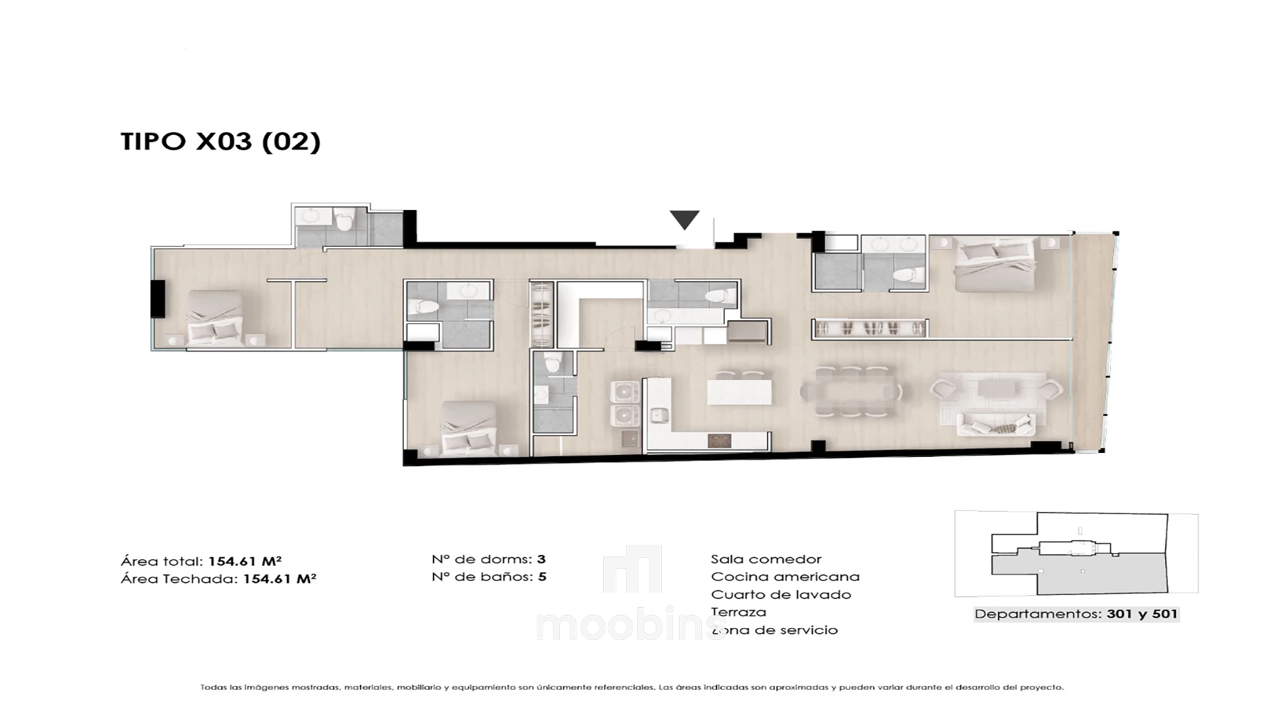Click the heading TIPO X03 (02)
(220, 142)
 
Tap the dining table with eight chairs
(851, 392)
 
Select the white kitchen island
(739, 392)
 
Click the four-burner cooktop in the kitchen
(719, 440)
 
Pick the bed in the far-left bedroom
(214, 318)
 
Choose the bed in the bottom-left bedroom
(468, 429)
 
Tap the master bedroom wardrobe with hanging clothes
(870, 329)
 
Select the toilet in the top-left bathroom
(344, 221)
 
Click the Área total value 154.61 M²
(245, 562)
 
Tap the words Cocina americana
(785, 577)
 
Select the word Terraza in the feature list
(738, 612)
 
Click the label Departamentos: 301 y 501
(1076, 614)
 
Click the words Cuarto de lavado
(781, 594)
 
